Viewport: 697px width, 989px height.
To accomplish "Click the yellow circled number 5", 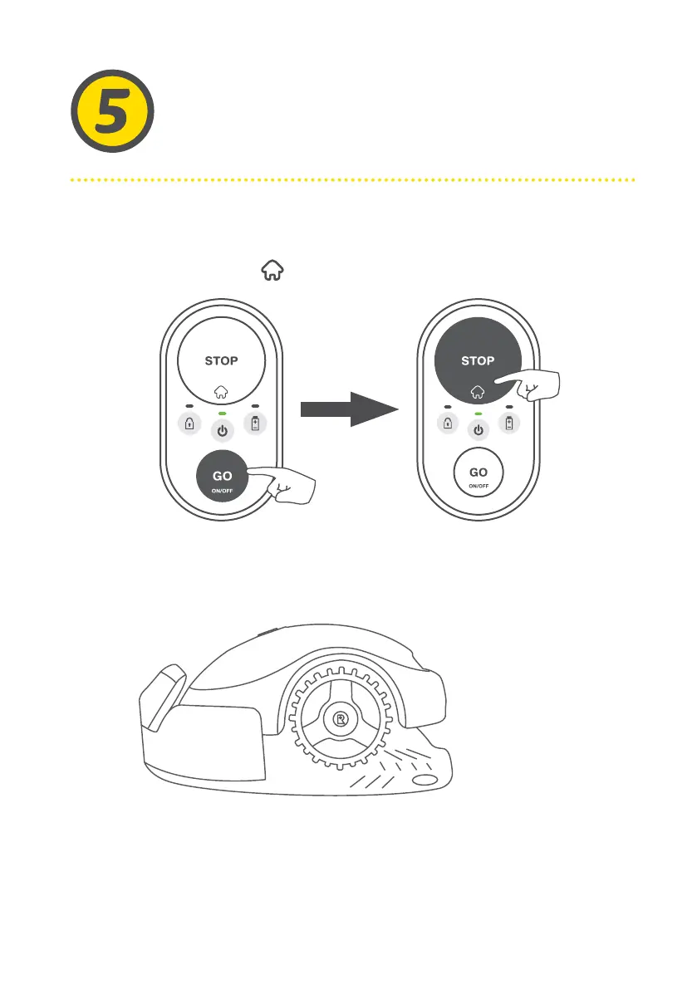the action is click(x=110, y=111).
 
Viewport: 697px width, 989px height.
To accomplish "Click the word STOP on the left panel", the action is click(x=222, y=361).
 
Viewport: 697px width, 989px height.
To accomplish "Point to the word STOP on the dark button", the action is click(x=478, y=361).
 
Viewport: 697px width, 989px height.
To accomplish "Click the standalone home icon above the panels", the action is click(x=271, y=268).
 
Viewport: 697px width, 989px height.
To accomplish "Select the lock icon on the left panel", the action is click(x=190, y=424).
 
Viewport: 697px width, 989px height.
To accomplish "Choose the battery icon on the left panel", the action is click(x=253, y=424).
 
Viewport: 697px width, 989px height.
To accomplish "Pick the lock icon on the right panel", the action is click(x=446, y=424).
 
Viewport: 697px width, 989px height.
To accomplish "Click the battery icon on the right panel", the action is click(x=509, y=424).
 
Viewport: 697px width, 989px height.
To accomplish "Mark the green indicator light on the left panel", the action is click(x=222, y=413).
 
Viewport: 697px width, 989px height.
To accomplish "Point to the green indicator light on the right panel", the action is click(x=478, y=413).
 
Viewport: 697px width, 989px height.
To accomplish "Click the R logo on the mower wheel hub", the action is click(x=340, y=715).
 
